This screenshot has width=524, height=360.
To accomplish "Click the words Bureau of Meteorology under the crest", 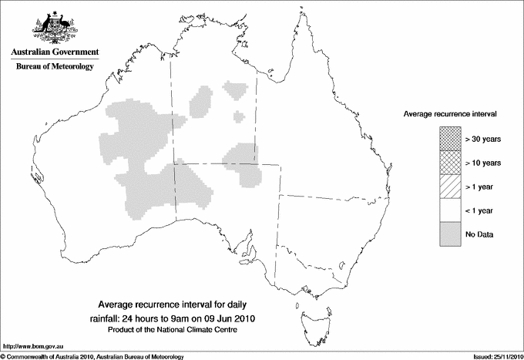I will [x=54, y=67].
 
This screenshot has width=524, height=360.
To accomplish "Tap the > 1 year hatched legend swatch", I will [x=451, y=186].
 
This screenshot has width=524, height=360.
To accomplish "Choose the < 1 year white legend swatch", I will [x=451, y=210].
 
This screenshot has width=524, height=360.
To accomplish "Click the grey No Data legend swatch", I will [x=451, y=234].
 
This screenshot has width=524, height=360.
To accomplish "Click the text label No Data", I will [x=479, y=234].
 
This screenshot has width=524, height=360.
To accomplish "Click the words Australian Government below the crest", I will [x=54, y=52].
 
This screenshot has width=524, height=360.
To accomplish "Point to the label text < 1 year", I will [x=481, y=210].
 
